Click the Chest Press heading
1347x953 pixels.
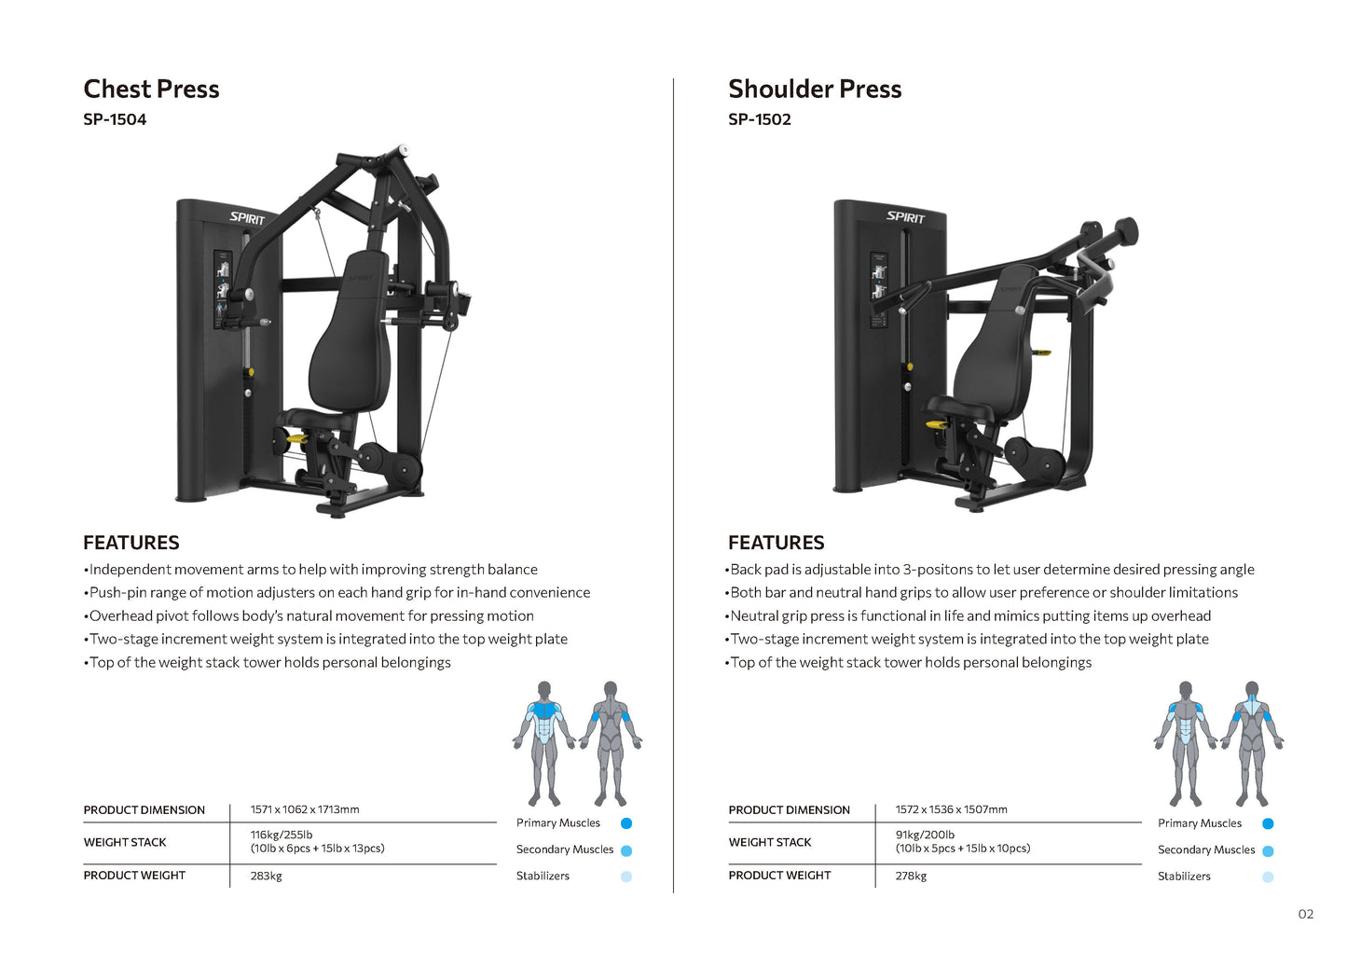point(151,89)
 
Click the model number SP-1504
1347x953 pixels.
point(115,119)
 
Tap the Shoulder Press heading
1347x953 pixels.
point(815,89)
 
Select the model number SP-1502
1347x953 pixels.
point(760,119)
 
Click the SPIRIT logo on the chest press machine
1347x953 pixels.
point(248,218)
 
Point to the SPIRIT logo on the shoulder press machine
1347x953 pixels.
point(905,217)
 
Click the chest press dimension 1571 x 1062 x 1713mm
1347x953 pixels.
point(305,809)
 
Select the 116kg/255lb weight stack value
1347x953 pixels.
point(282,835)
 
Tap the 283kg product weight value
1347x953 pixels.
point(267,876)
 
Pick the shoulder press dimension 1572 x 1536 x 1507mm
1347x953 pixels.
point(951,809)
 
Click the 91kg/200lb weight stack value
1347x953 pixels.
point(925,835)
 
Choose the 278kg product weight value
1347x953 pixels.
point(911,876)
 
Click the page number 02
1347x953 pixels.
point(1306,914)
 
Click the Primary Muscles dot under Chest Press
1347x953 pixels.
point(626,823)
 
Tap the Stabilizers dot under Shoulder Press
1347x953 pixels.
point(1268,877)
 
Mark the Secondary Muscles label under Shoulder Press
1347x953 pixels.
point(1206,849)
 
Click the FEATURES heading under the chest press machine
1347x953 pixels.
point(131,543)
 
